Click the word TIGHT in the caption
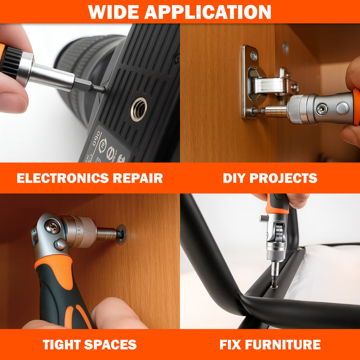click(64, 345)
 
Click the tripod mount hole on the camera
click(138, 110)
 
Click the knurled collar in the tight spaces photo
click(83, 231)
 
